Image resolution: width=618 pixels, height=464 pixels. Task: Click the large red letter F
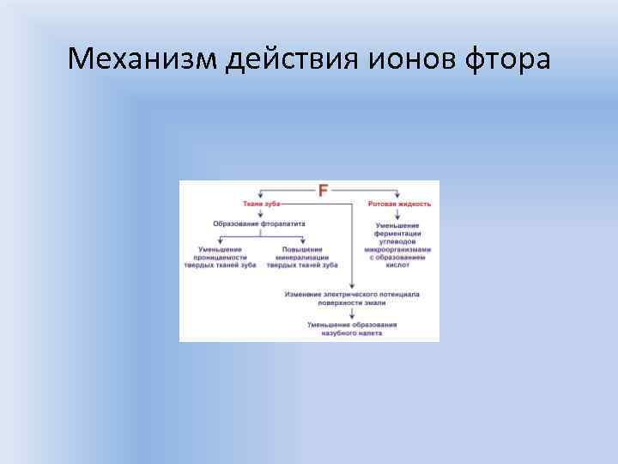[x=324, y=191]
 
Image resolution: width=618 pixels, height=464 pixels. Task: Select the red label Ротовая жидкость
[x=399, y=205]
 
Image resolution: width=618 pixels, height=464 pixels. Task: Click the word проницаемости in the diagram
[x=221, y=258]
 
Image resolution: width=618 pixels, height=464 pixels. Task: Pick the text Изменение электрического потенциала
[x=352, y=294]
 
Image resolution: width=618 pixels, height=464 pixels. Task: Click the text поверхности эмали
[x=352, y=302]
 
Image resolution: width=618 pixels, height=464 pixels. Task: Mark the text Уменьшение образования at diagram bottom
[x=352, y=324]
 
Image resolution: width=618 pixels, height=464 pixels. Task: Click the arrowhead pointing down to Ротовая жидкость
[x=398, y=197]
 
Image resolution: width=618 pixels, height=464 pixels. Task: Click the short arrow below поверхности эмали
[x=352, y=313]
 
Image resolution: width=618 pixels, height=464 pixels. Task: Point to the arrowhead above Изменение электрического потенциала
[x=352, y=285]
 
